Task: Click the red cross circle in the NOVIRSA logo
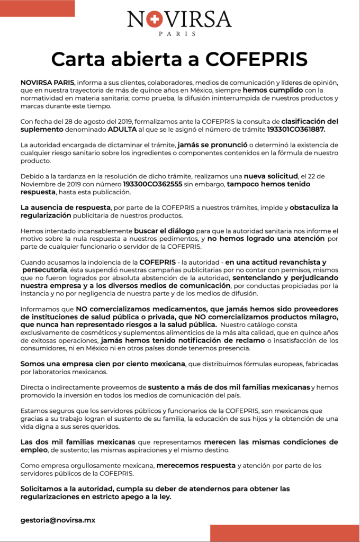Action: click(x=155, y=20)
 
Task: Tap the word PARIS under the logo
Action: click(x=179, y=34)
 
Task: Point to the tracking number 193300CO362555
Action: click(x=153, y=184)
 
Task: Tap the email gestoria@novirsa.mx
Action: click(x=58, y=520)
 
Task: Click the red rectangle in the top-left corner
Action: click(x=37, y=8)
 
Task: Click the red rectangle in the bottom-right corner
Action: click(x=285, y=533)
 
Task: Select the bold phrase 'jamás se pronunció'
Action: click(x=210, y=144)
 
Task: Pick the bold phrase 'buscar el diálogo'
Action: click(x=166, y=231)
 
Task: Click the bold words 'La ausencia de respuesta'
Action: click(x=66, y=207)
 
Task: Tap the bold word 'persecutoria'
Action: click(x=45, y=270)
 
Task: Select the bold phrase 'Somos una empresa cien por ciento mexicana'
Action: click(x=103, y=364)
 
